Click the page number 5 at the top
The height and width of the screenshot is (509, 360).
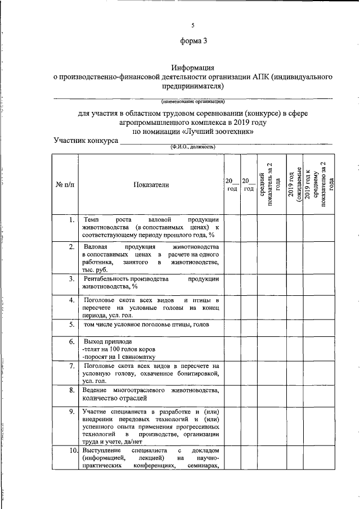(x=192, y=25)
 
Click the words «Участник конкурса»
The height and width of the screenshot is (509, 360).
(x=85, y=140)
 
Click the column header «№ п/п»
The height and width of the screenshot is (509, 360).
(x=65, y=184)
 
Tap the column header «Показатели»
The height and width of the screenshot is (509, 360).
(x=151, y=184)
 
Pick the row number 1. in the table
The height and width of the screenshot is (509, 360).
(x=71, y=219)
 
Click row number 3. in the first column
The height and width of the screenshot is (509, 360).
(x=71, y=278)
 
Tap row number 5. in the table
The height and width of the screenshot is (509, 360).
(x=71, y=325)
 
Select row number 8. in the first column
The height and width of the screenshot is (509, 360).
(x=71, y=390)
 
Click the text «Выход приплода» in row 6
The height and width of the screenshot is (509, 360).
(x=107, y=341)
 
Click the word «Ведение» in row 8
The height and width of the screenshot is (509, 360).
(x=96, y=390)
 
